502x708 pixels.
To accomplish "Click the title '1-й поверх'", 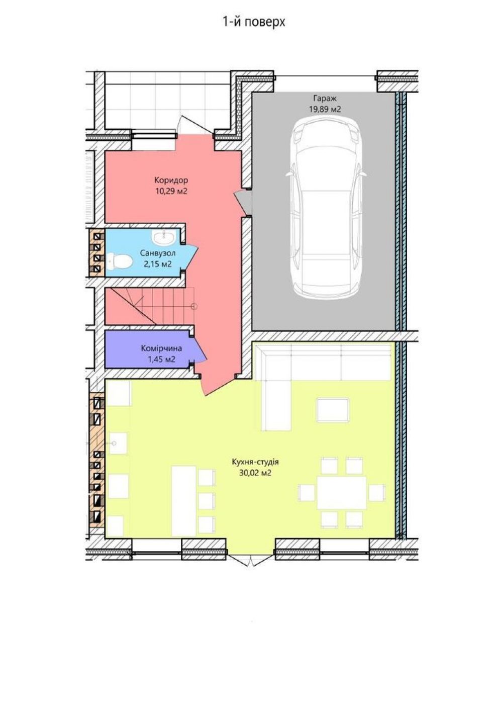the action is coord(254,23).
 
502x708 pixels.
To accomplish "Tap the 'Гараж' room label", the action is coord(325,98).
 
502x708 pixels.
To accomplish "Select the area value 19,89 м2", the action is coord(325,109).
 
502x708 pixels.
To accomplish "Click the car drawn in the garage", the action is coord(326,209).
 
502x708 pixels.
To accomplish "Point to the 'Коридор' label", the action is coord(171,180).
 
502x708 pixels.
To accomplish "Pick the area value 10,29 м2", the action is coord(171,191).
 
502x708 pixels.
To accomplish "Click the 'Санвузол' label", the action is coord(158,253).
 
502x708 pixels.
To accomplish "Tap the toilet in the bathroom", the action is coord(120,261).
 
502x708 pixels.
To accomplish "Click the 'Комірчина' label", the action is coord(161,348).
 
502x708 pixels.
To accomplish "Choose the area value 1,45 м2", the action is coord(161,360).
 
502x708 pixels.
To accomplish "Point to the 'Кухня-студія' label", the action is coord(255,462).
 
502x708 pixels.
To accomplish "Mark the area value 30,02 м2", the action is coord(255,473).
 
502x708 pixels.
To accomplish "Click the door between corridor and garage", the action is coord(243,203).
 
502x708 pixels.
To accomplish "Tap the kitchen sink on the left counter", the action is coord(118,444).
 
